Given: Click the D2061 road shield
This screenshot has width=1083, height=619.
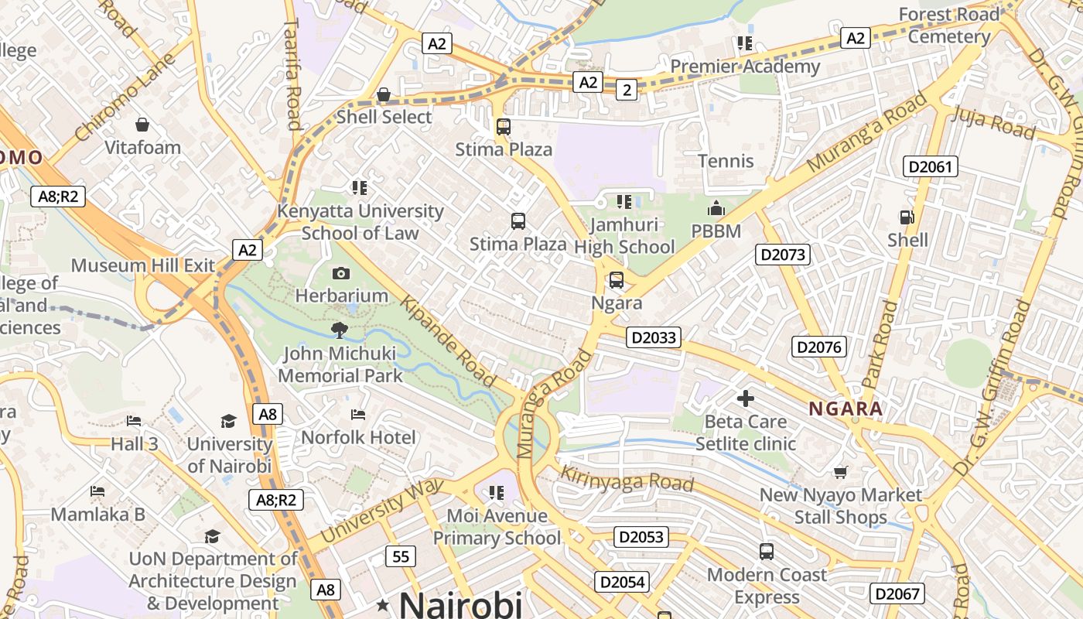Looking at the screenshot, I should pos(931,166).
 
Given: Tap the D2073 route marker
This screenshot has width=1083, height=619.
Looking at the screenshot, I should pos(783,255).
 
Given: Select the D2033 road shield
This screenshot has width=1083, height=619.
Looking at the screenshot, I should pos(654,337).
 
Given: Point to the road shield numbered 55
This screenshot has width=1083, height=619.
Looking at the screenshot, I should pos(400,556).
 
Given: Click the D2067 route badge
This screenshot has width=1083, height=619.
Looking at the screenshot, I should pos(897,593).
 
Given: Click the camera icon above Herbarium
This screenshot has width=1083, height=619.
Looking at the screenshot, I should pos(341,273).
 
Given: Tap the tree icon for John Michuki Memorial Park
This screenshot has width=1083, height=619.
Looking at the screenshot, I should pos(339,330).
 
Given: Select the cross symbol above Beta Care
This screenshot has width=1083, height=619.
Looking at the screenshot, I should pos(745,398).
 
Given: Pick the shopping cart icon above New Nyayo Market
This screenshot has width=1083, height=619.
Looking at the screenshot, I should pos(841,471).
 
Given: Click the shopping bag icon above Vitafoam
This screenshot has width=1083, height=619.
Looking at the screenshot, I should pos(142,124).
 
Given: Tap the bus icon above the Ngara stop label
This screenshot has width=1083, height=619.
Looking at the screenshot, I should pos(616,280).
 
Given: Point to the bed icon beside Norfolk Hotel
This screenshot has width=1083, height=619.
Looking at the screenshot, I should pos(357,416).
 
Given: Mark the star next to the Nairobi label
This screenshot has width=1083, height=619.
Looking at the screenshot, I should pos(382,604).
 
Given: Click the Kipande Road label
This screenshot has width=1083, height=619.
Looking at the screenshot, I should pos(449,341).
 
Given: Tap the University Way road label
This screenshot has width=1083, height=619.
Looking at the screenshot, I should pos(382,510).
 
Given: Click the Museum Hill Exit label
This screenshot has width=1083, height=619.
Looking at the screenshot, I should pos(143,265).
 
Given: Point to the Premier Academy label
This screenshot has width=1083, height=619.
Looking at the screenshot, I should pos(745,67).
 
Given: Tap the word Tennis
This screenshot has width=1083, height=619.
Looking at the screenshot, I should pos(726,161).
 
